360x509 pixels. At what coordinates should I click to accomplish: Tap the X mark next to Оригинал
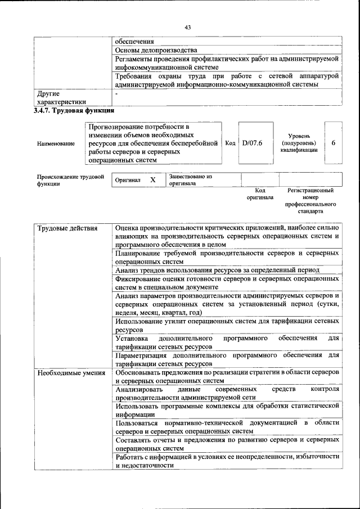(152, 180)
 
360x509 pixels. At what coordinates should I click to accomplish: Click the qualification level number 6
(334, 143)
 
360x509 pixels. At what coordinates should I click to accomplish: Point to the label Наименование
(56, 144)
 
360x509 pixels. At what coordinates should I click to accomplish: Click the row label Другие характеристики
(61, 97)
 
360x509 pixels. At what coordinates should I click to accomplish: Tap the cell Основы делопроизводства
(156, 50)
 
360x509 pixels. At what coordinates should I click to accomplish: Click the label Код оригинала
(259, 194)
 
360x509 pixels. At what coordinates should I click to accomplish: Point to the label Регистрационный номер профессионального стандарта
(310, 201)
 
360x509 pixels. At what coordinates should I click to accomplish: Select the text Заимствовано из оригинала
(190, 180)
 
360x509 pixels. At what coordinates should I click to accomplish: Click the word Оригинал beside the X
(128, 180)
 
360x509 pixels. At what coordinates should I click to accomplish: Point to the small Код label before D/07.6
(230, 143)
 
